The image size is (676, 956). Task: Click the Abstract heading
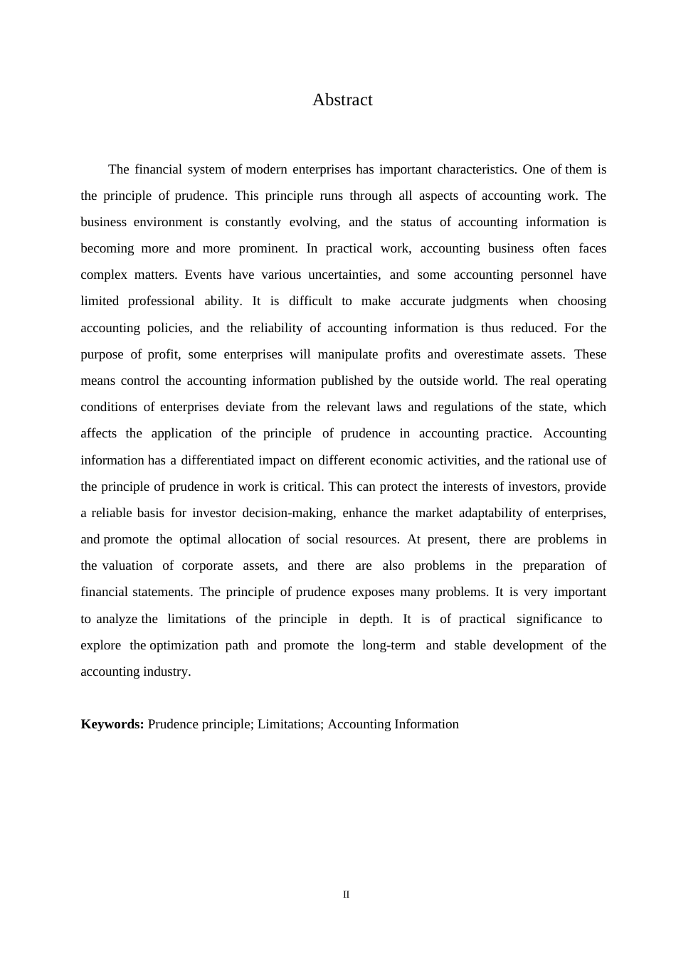pos(342,100)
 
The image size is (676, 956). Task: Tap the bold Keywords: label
pos(112,724)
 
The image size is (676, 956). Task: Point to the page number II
pos(347,895)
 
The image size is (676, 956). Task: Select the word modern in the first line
pos(269,169)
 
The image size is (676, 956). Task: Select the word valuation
pos(127,565)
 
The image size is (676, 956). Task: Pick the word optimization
pos(184,645)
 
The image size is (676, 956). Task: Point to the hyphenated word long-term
pos(389,645)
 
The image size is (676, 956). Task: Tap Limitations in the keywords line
pos(290,724)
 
